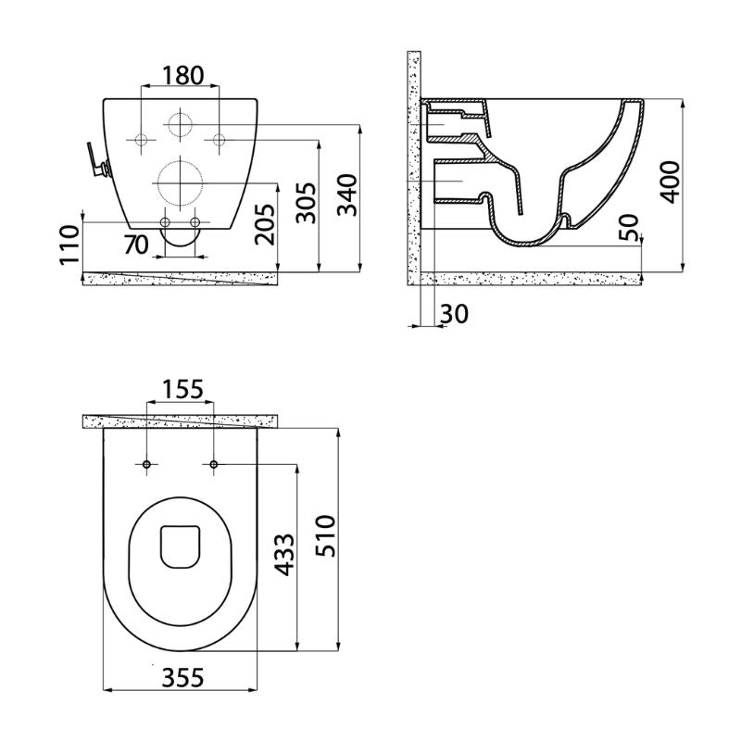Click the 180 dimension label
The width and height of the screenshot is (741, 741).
[x=182, y=75]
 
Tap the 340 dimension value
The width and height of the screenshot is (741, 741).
[x=348, y=195]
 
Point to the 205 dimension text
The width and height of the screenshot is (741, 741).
[x=264, y=224]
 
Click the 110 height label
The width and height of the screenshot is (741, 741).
[x=70, y=245]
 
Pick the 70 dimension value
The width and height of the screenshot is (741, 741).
[x=136, y=245]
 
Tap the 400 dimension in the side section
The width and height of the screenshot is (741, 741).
[x=670, y=182]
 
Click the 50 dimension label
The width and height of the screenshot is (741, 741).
[x=629, y=227]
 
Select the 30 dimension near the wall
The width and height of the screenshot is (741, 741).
[x=454, y=314]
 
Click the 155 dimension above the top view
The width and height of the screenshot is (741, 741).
[x=182, y=389]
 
